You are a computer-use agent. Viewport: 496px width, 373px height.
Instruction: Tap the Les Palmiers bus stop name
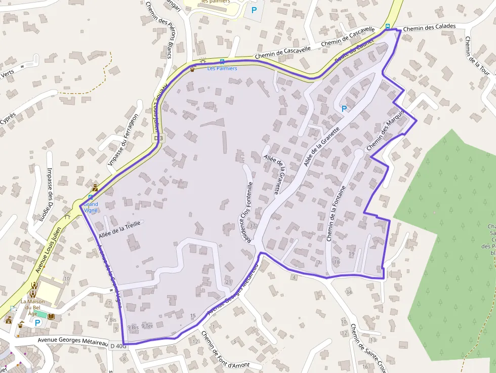tap(222, 68)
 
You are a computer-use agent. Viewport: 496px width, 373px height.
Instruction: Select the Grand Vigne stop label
tap(91, 207)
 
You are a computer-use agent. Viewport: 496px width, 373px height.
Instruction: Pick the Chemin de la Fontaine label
tap(336, 214)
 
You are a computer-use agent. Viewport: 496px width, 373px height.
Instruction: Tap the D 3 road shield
tap(158, 138)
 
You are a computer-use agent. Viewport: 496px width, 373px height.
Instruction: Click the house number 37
tap(253, 226)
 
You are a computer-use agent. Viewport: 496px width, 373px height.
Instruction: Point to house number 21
tap(228, 282)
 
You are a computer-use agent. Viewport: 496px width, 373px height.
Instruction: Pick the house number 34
tap(348, 293)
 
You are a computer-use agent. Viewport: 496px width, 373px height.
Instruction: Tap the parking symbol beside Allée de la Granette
tap(344, 108)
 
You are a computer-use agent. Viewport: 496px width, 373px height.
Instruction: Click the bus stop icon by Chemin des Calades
tap(388, 26)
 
